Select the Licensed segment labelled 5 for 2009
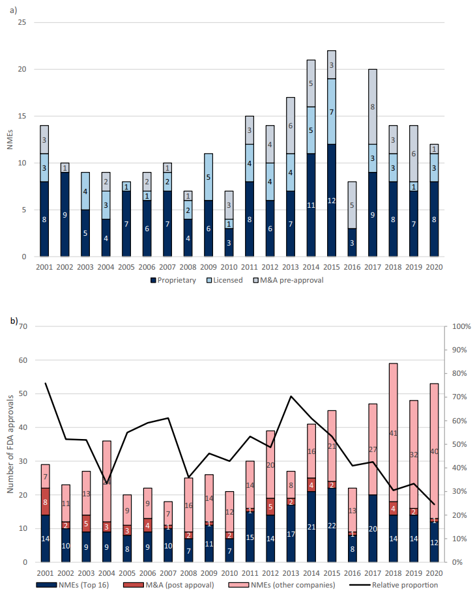(209, 177)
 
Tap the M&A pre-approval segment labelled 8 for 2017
(373, 107)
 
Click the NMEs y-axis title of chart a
(10, 139)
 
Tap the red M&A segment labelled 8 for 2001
(46, 484)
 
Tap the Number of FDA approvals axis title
(10, 443)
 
